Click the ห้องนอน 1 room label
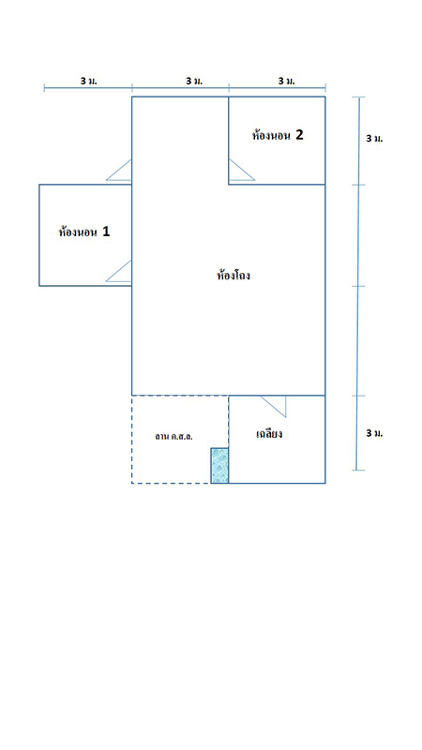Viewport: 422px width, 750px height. [84, 232]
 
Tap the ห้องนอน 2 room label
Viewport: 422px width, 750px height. [278, 135]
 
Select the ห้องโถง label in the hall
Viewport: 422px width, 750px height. [234, 276]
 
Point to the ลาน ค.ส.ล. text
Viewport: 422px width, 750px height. [173, 436]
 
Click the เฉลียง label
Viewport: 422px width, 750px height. [269, 434]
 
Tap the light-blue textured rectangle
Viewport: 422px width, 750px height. [219, 465]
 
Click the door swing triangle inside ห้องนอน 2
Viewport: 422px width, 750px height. [242, 170]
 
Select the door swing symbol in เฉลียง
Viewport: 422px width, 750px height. [274, 407]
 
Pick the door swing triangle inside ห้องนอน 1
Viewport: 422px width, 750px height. [119, 271]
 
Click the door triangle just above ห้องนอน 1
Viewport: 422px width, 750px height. [119, 171]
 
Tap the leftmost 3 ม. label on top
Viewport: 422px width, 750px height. [88, 81]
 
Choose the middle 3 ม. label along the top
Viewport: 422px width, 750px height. [194, 81]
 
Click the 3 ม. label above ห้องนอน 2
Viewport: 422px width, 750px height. [287, 81]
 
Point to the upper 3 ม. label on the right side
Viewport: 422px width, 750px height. [374, 139]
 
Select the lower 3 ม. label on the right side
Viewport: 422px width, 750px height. [374, 433]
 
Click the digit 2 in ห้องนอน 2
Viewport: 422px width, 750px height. [299, 135]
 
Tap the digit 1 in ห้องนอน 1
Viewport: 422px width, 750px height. [106, 232]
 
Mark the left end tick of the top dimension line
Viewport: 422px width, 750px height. [44, 87]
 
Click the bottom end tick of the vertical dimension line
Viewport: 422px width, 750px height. [357, 471]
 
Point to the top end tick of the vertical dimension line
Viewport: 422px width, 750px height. [359, 97]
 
